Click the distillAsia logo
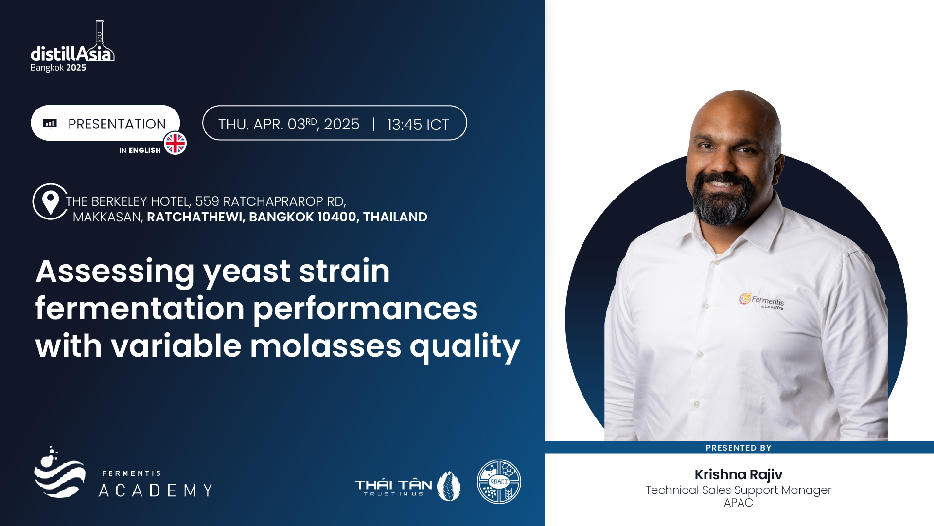[x=72, y=47]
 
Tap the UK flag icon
[x=175, y=144]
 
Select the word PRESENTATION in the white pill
[x=117, y=124]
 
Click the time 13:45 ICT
[x=418, y=125]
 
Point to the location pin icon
[x=51, y=201]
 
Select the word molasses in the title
[x=325, y=346]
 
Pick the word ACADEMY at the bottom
[x=156, y=490]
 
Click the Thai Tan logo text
[x=393, y=486]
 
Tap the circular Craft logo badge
[x=499, y=482]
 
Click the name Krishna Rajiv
[x=738, y=474]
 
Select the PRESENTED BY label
[x=739, y=448]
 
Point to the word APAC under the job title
[x=738, y=503]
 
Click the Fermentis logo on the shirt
[x=761, y=301]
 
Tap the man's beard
[x=723, y=202]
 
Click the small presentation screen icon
[x=50, y=124]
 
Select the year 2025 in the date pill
[x=342, y=125]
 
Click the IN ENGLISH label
[x=140, y=151]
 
